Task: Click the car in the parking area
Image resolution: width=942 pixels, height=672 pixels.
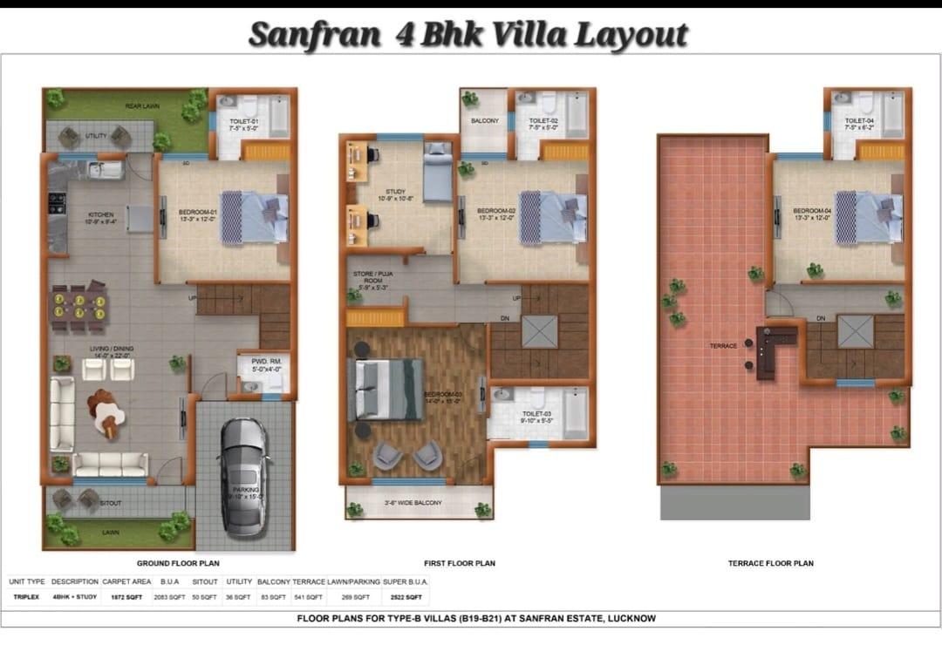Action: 244,477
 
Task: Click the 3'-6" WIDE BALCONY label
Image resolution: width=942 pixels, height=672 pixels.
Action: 413,503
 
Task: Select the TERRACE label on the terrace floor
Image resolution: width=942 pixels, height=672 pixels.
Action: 723,346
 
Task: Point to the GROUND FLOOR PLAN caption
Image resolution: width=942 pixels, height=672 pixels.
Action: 178,563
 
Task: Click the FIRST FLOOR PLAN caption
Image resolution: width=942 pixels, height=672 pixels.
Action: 459,563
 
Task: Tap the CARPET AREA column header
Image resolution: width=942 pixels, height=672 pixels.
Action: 126,581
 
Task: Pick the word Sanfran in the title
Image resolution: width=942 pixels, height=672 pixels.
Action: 314,36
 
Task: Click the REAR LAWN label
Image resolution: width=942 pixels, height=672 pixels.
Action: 142,106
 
